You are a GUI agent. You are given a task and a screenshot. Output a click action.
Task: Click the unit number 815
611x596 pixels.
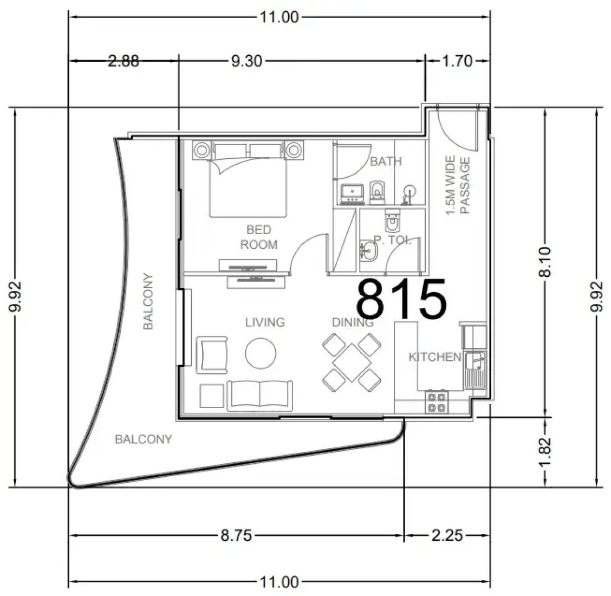click(x=401, y=298)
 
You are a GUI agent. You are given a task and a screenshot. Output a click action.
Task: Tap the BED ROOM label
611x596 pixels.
click(x=259, y=237)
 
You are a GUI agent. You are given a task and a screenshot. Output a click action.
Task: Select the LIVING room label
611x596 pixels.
click(x=265, y=322)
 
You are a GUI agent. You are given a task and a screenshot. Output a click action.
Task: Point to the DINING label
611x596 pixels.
click(x=353, y=322)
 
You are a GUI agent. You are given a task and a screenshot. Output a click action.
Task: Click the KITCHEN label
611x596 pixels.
click(x=434, y=357)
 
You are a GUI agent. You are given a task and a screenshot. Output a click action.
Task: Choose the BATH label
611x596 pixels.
click(x=386, y=161)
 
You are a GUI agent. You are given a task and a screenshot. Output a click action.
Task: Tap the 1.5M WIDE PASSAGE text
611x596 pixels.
click(x=458, y=185)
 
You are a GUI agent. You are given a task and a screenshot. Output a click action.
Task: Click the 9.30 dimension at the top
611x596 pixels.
click(x=246, y=61)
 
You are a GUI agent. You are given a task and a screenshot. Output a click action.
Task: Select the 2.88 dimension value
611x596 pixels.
click(x=123, y=61)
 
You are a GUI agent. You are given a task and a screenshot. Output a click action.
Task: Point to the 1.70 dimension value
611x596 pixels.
click(x=457, y=61)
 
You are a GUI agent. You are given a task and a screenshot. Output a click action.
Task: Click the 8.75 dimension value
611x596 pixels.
click(x=236, y=535)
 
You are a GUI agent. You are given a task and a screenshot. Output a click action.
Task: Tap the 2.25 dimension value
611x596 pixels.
click(x=447, y=535)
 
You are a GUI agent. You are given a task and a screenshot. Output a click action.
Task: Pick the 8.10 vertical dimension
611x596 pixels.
click(x=545, y=262)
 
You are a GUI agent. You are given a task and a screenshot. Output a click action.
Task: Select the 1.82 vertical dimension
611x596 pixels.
click(x=545, y=451)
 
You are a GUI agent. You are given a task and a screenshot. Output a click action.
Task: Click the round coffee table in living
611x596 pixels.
click(x=261, y=353)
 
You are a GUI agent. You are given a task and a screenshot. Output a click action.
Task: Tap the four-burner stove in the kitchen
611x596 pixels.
click(x=437, y=402)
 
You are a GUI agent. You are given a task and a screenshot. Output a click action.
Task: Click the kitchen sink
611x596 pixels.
click(x=475, y=370)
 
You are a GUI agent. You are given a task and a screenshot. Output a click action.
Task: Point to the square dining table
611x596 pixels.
click(x=352, y=362)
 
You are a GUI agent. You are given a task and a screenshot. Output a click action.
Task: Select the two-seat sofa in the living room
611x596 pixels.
click(x=259, y=395)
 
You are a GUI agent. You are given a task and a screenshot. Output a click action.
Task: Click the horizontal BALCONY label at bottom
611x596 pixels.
click(x=144, y=439)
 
